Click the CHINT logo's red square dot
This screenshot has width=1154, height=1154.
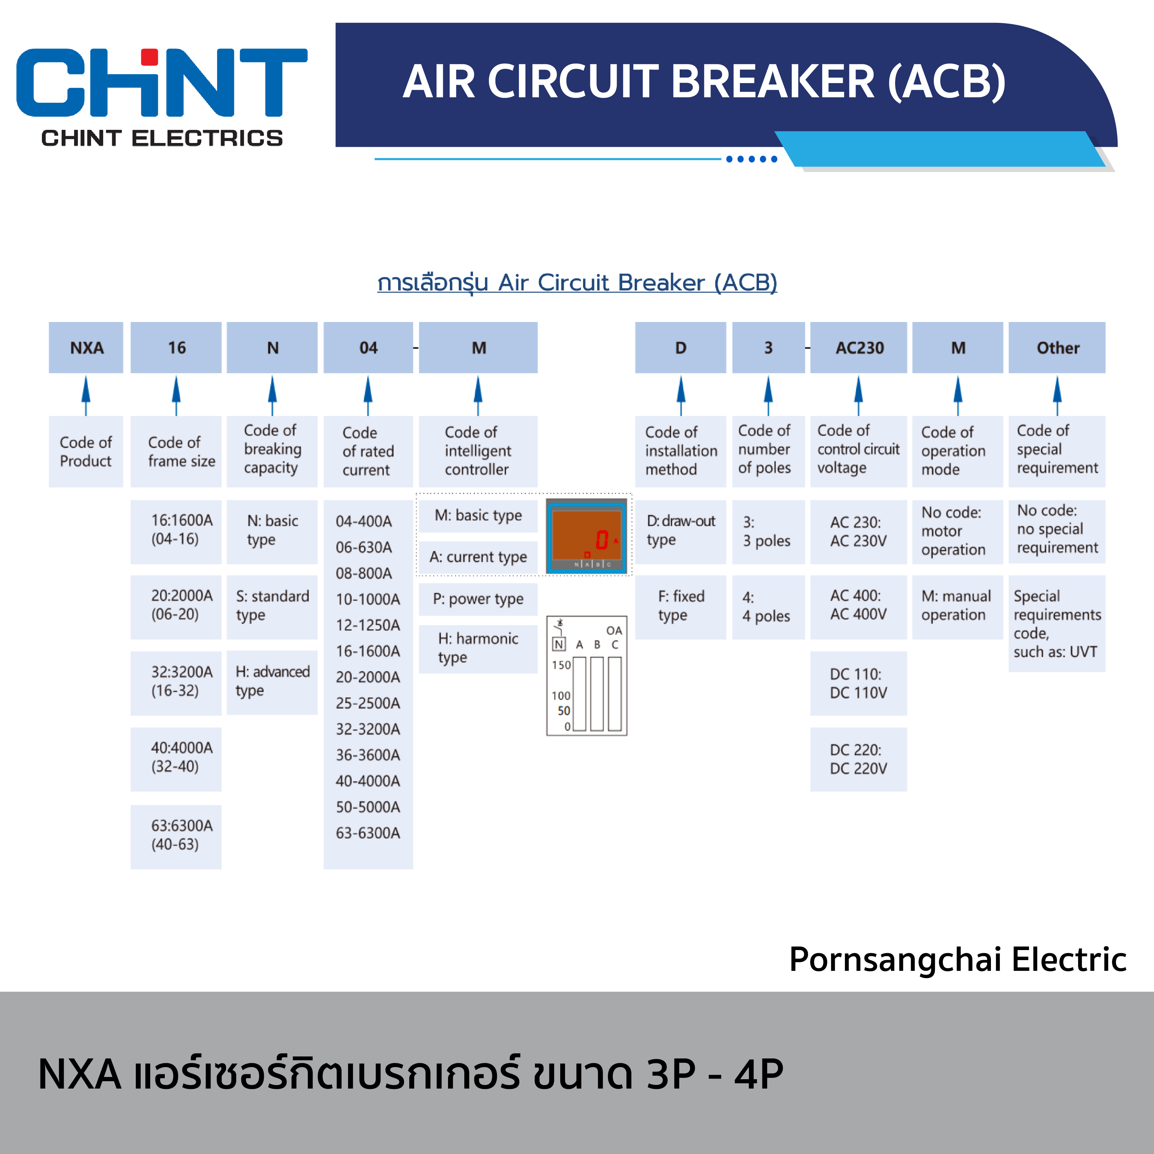149,57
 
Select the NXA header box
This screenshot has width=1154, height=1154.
86,348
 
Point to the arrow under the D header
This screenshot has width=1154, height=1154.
681,394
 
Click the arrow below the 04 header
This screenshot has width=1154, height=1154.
368,394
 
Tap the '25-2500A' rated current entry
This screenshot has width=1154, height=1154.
368,703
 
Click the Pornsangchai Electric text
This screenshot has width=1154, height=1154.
957,960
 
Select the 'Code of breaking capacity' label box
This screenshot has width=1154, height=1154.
272,450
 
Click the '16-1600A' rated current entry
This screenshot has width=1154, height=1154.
368,651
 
